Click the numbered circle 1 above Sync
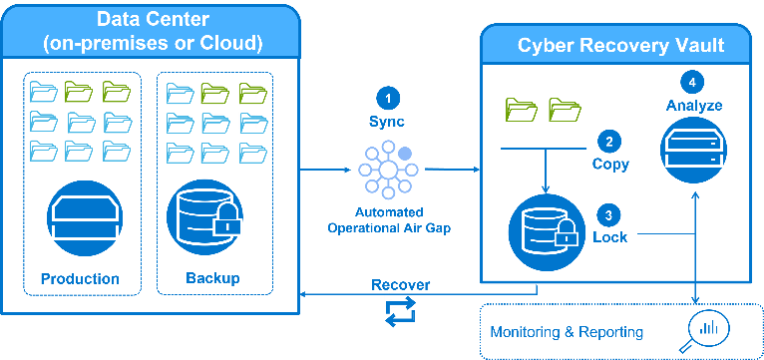click(x=388, y=99)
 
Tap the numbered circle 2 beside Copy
click(x=609, y=143)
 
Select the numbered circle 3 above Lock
click(x=608, y=215)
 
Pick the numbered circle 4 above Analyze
click(x=692, y=83)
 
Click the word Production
click(x=80, y=278)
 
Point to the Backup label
click(x=212, y=278)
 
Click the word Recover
click(x=401, y=284)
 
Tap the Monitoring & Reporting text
click(x=567, y=332)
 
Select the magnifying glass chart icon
click(x=703, y=331)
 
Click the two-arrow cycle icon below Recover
click(x=401, y=312)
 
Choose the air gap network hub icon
click(x=388, y=170)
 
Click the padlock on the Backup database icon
click(x=227, y=220)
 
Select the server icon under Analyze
click(x=693, y=150)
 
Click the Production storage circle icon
click(x=85, y=217)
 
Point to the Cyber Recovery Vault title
click(x=620, y=45)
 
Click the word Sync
click(x=386, y=121)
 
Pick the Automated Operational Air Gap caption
click(x=389, y=220)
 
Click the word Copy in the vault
click(x=610, y=165)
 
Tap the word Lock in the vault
click(x=610, y=237)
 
